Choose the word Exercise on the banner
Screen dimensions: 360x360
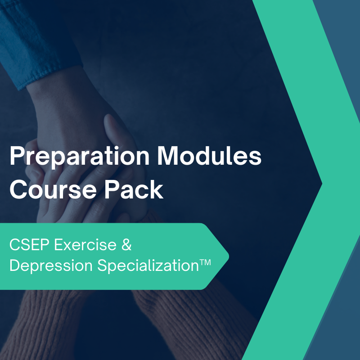[84, 246]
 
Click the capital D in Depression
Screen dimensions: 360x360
[14, 265]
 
